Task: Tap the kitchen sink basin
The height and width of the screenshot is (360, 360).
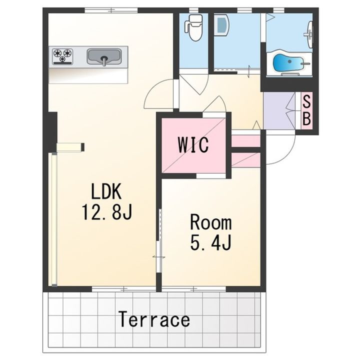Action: (x=104, y=56)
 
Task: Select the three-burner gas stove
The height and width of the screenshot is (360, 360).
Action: (x=62, y=56)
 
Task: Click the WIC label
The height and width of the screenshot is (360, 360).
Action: (x=193, y=145)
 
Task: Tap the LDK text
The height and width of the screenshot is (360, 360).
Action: (x=106, y=191)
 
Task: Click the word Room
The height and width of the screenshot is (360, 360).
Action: (x=211, y=222)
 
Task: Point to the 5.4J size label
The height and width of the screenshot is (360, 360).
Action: (x=210, y=242)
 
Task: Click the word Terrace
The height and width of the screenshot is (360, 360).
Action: (x=154, y=319)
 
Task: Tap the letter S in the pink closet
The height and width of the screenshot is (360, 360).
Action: (x=306, y=101)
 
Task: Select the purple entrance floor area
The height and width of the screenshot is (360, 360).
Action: (x=278, y=110)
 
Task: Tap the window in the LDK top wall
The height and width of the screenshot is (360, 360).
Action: (x=111, y=10)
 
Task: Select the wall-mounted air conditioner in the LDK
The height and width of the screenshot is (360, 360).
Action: (x=70, y=147)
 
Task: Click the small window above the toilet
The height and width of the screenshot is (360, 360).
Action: (x=193, y=10)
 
